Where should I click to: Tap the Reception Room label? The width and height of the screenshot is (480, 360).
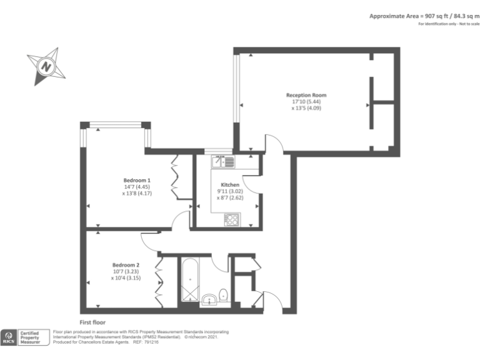306,96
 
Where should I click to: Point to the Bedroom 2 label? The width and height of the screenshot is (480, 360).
126,265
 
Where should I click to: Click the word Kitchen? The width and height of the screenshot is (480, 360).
229,185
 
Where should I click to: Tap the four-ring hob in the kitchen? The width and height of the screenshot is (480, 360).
231,219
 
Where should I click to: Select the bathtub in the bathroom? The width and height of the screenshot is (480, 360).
189,279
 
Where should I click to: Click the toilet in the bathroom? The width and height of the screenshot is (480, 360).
224,296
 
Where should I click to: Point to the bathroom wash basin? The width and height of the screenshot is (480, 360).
208,299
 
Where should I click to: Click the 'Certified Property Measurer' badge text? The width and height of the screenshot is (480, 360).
32,337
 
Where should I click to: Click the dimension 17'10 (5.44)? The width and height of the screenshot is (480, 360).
306,102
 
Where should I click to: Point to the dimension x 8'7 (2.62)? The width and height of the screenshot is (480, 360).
229,197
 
